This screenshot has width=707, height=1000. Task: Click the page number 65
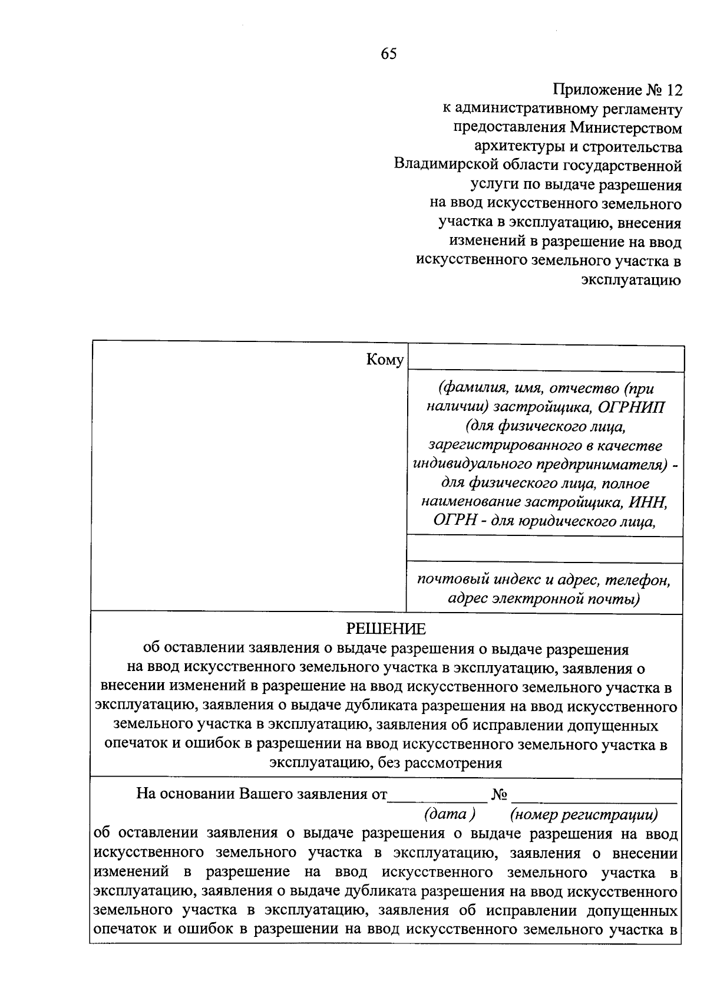(389, 54)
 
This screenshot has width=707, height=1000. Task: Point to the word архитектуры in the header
(519, 147)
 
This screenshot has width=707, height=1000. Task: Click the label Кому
(385, 360)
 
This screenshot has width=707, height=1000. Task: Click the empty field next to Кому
(545, 359)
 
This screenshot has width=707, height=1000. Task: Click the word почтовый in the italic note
(449, 580)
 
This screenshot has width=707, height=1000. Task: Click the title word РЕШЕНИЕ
(385, 629)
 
